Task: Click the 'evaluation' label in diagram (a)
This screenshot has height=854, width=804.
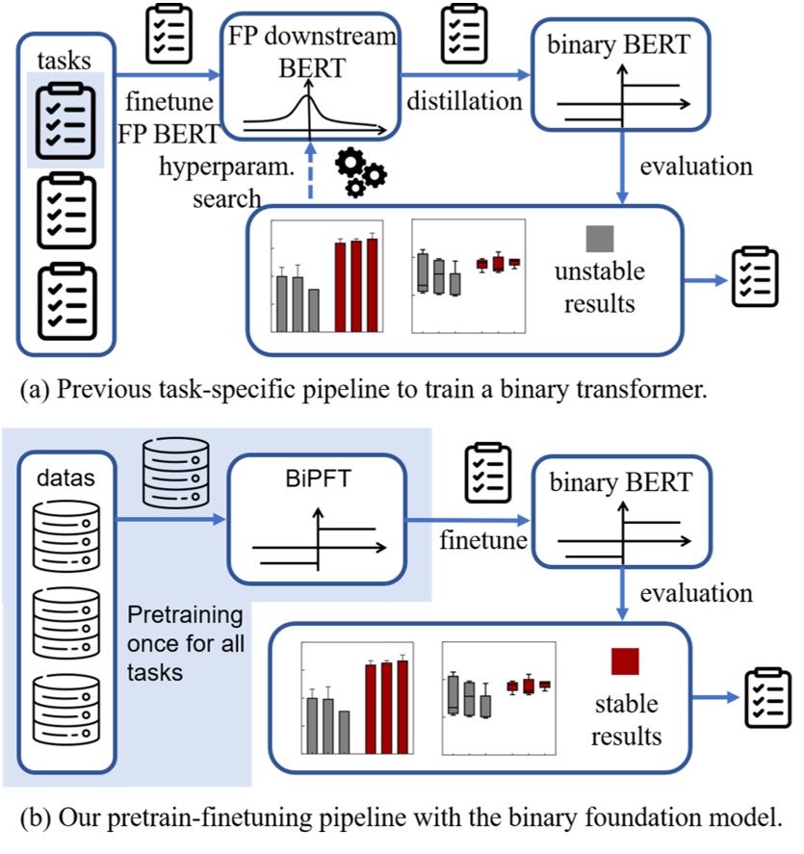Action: pos(698,166)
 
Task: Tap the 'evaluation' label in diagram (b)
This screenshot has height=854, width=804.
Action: pos(698,591)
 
